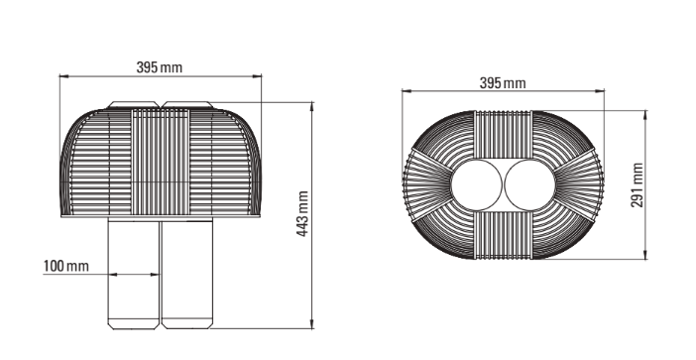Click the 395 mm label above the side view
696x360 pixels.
[159, 67]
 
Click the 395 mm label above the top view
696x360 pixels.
[503, 83]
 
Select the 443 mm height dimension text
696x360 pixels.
[302, 213]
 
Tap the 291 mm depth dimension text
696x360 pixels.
[637, 184]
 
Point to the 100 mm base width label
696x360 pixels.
[66, 267]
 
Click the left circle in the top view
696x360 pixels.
[477, 185]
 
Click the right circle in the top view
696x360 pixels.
[530, 185]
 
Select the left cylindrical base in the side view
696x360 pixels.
[134, 276]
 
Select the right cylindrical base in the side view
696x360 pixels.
[187, 276]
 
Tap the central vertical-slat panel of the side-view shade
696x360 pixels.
[161, 162]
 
